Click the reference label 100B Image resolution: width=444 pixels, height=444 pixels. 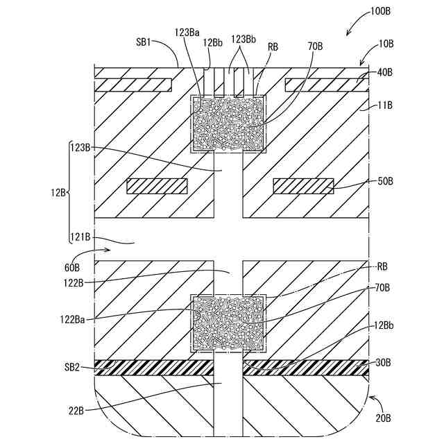(380, 12)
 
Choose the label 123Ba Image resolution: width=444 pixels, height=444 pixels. (188, 32)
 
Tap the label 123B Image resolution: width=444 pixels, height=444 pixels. (80, 147)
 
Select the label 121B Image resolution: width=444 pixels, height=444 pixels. (80, 237)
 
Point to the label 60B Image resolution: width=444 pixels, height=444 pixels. (72, 266)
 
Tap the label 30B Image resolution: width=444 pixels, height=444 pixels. (384, 361)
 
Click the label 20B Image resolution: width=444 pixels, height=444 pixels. (384, 418)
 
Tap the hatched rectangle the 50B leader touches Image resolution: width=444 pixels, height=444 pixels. (303, 186)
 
